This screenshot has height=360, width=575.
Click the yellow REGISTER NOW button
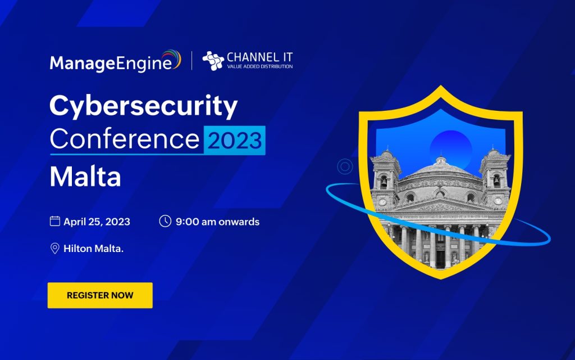coord(100,295)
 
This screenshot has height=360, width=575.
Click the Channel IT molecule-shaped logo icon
coord(213,61)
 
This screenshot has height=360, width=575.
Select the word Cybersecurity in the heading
coord(143,106)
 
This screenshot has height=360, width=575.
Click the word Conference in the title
coord(125,139)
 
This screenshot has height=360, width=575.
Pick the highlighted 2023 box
coord(235,140)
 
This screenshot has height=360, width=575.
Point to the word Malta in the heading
coord(85,176)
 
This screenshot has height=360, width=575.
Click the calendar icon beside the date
coord(55,221)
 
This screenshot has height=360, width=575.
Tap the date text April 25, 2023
coord(97,222)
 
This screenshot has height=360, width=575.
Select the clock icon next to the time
coord(165,221)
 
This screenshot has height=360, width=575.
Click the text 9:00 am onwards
coord(217,222)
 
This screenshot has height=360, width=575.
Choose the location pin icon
coord(54,248)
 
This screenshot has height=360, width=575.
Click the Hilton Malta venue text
coord(94,249)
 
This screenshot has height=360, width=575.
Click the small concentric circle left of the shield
coord(345,166)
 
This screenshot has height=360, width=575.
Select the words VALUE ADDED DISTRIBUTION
coord(260,66)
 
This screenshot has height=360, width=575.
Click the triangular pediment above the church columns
coord(440,204)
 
